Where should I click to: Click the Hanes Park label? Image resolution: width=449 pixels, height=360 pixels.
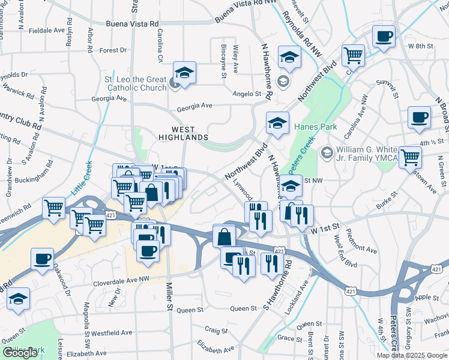pyautogui.click(x=316, y=127)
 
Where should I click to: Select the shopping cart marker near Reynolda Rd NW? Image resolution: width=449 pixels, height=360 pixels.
pyautogui.click(x=353, y=56)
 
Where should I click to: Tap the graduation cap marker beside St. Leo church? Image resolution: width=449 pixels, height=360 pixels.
pyautogui.click(x=185, y=73)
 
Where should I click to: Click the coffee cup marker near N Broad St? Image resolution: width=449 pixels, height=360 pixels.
pyautogui.click(x=419, y=117)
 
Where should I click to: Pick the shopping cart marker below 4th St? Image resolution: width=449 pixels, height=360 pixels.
pyautogui.click(x=411, y=157)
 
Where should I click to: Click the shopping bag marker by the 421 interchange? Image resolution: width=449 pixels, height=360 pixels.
pyautogui.click(x=224, y=236)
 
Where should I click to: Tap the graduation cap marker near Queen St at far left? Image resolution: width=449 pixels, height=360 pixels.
pyautogui.click(x=19, y=299)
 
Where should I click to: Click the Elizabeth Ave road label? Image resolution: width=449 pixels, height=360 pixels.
pyautogui.click(x=217, y=349)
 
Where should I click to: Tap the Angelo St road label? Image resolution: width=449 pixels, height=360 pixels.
pyautogui.click(x=247, y=94)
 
